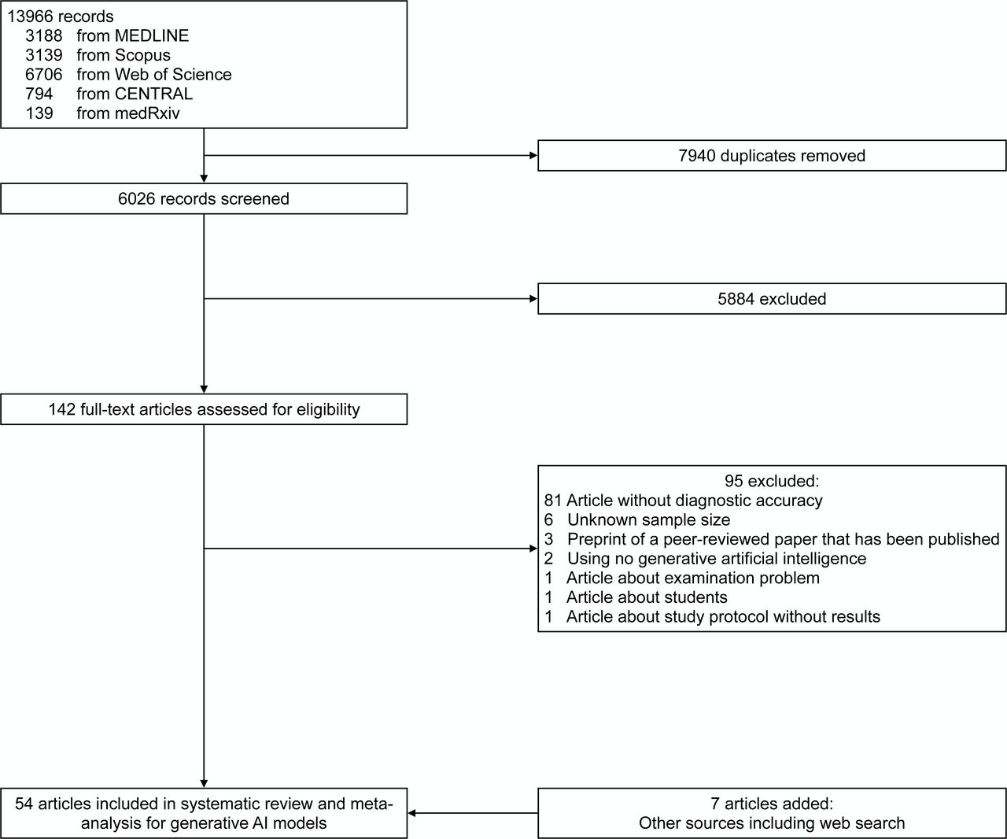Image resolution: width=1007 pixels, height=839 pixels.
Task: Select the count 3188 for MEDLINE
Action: (x=44, y=35)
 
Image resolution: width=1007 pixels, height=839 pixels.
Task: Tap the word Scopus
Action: (x=142, y=55)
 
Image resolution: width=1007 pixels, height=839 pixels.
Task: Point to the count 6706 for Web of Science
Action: (x=44, y=74)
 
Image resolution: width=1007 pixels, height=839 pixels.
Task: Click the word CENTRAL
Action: (x=153, y=94)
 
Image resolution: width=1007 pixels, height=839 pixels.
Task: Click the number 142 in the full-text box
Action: (x=61, y=409)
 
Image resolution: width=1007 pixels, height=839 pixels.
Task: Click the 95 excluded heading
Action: (x=772, y=481)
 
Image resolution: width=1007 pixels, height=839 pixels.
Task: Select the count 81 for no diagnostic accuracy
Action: (x=553, y=501)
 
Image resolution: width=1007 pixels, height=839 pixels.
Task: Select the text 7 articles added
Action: (x=772, y=804)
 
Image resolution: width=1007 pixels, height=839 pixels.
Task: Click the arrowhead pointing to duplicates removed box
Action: (x=533, y=155)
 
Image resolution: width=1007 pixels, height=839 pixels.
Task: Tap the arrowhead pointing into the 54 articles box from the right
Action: (x=411, y=814)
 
